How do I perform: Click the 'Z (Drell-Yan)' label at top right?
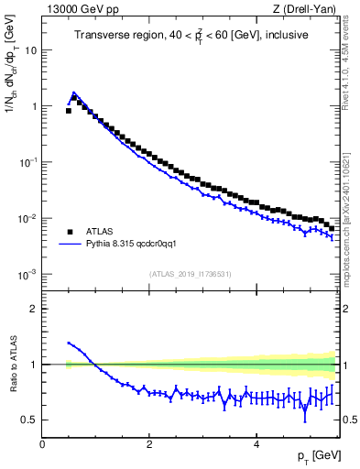click(x=304, y=10)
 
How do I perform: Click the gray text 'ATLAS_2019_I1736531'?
click(x=191, y=274)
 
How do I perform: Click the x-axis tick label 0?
click(x=42, y=444)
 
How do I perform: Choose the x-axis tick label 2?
click(x=148, y=444)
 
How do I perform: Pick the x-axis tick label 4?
click(x=256, y=444)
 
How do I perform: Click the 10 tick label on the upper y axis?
click(x=30, y=49)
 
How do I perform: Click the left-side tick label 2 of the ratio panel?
click(x=34, y=309)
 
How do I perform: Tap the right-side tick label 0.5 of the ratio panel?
click(x=349, y=420)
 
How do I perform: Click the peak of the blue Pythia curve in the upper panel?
click(x=74, y=93)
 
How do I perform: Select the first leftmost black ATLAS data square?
click(x=69, y=110)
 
